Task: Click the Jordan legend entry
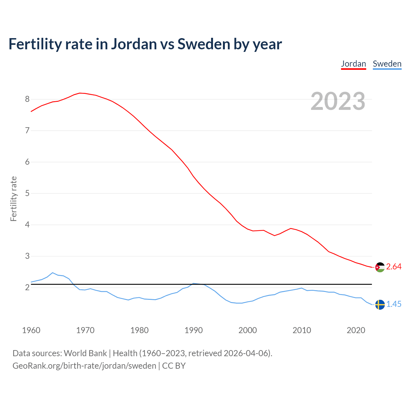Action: click(x=353, y=64)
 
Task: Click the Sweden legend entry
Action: click(x=387, y=64)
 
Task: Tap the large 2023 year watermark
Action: click(x=338, y=101)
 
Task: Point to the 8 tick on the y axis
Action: click(x=27, y=99)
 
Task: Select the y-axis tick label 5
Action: click(x=27, y=193)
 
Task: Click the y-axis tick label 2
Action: click(x=27, y=288)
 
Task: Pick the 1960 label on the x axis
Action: click(x=31, y=330)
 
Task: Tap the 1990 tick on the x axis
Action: click(x=193, y=330)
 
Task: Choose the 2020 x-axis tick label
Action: click(x=356, y=330)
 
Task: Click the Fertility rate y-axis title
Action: click(x=13, y=199)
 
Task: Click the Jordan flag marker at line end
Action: click(x=380, y=267)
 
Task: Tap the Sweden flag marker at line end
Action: click(x=380, y=305)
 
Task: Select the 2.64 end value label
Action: click(x=394, y=267)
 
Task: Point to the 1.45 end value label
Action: click(x=394, y=304)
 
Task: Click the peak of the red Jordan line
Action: click(x=80, y=93)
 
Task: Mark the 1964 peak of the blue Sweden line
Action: click(x=53, y=273)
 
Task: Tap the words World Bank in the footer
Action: click(x=85, y=353)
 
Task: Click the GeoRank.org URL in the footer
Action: click(x=84, y=366)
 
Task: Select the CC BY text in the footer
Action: click(x=174, y=366)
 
